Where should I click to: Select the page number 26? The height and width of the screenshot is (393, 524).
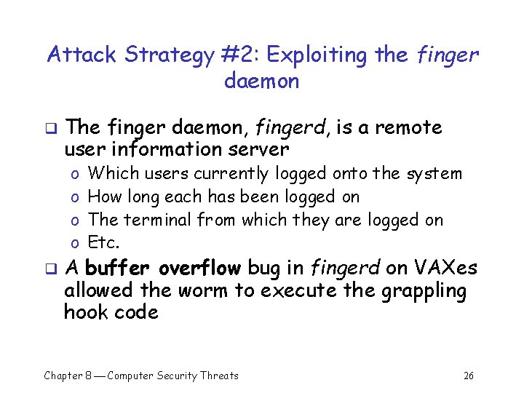click(x=469, y=376)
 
